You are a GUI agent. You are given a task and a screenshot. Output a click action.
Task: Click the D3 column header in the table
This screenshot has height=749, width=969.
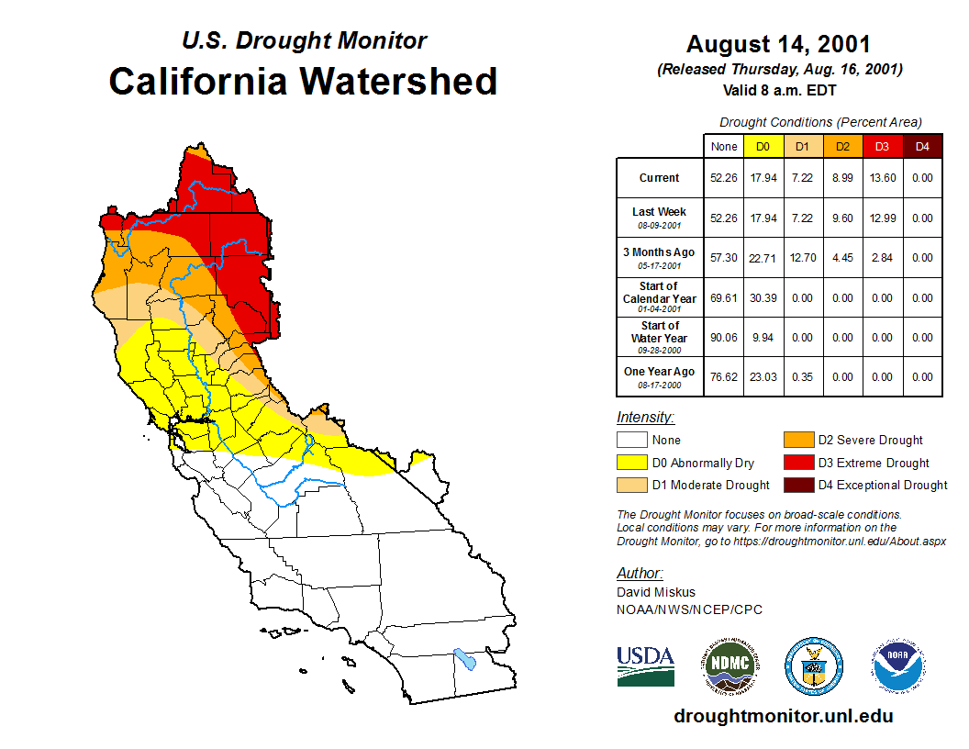tap(882, 146)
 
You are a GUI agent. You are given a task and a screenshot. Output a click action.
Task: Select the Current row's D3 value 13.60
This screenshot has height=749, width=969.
tap(882, 178)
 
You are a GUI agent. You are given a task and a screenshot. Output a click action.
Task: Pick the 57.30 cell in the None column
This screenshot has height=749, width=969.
tap(724, 258)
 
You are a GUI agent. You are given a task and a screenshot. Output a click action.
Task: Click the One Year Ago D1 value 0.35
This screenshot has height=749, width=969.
tap(803, 376)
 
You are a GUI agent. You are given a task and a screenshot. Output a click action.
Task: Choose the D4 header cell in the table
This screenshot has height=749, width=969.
tap(922, 146)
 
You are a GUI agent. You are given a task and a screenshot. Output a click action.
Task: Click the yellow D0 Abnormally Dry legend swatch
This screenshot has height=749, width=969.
tap(631, 463)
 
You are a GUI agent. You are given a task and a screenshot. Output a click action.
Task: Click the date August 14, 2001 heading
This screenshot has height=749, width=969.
tap(778, 44)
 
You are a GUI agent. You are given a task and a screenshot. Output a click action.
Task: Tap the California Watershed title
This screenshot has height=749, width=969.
tap(303, 81)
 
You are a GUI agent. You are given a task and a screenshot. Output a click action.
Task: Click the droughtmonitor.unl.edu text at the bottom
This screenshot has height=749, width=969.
tap(783, 716)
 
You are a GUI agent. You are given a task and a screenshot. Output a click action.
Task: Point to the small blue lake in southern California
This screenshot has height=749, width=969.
tap(465, 659)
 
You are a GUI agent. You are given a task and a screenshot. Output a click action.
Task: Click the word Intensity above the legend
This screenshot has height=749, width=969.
tap(645, 417)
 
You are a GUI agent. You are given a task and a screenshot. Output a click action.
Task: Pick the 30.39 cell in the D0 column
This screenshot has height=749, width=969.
tap(763, 297)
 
